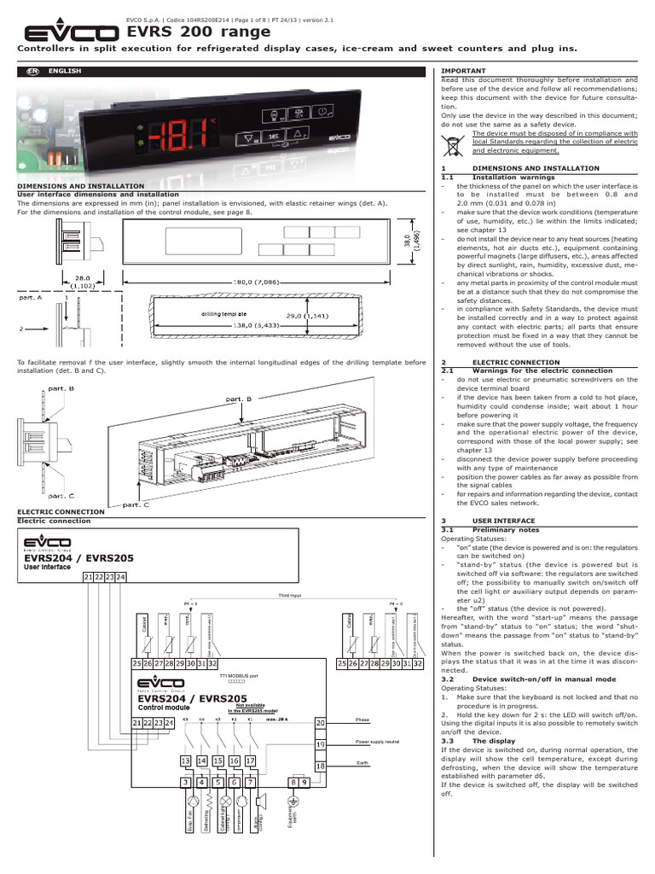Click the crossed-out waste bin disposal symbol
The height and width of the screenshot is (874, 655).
[454, 142]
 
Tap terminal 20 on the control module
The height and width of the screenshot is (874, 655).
[321, 722]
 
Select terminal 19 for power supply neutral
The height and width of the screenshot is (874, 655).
[321, 744]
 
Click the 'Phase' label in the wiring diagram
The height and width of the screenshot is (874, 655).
[364, 720]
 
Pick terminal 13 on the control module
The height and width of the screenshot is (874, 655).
[185, 760]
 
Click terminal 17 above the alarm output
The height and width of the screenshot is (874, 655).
[250, 760]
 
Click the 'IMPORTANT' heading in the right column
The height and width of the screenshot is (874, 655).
[463, 70]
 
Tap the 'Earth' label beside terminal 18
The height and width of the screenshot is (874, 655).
[362, 762]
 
